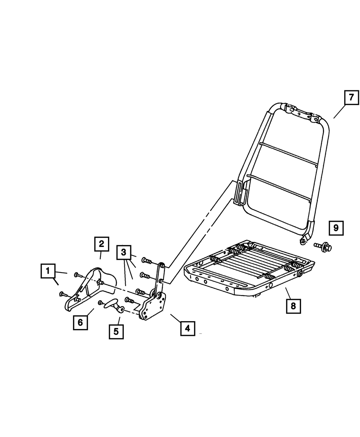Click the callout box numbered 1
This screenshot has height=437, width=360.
tap(48, 271)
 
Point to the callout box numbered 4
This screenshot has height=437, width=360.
tap(187, 328)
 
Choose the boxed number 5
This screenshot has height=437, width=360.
tap(116, 332)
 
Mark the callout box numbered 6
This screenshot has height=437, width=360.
tap(80, 322)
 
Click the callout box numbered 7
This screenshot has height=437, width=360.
tap(351, 97)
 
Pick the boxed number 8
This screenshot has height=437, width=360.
tap(293, 306)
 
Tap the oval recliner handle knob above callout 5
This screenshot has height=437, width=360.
tap(111, 303)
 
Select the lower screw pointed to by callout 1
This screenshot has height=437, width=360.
tap(63, 294)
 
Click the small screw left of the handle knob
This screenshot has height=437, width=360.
tap(100, 302)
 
